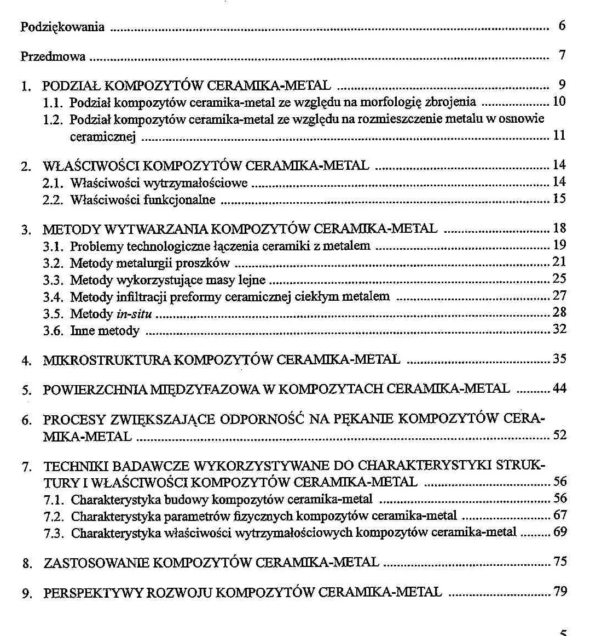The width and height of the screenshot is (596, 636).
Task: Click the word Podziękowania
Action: (x=62, y=27)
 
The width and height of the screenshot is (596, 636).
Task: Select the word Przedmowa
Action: (x=53, y=56)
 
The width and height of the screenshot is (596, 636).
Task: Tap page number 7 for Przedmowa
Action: (x=562, y=55)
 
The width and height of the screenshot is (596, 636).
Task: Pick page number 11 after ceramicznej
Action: (x=559, y=135)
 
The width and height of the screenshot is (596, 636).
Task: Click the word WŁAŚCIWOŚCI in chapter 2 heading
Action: (x=94, y=166)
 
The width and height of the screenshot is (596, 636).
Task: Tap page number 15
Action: (x=559, y=198)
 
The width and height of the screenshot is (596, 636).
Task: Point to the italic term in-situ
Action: (x=134, y=314)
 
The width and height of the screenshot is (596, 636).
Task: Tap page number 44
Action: (x=559, y=388)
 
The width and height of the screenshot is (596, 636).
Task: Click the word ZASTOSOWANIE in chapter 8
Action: (x=96, y=563)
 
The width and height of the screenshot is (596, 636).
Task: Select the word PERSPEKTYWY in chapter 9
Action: (x=92, y=593)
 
